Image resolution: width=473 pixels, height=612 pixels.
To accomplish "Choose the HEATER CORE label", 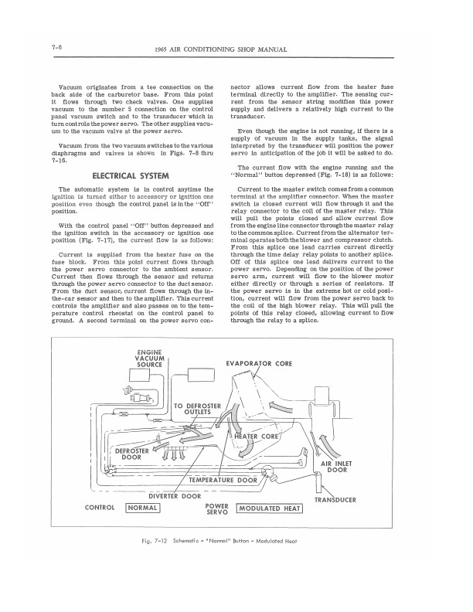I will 257,437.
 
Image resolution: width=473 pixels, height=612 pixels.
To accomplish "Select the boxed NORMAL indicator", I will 142,508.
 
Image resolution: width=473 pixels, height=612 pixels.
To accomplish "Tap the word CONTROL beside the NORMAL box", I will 100,508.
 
